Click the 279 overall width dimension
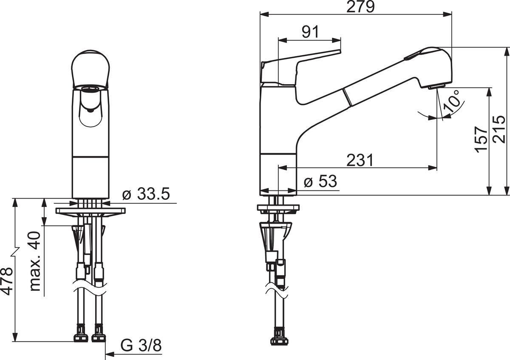point(360,7)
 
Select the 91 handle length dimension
point(310,32)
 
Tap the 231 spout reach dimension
point(360,160)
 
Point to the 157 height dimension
point(481,139)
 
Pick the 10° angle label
point(451,102)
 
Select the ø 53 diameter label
point(320,181)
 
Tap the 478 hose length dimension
point(7,282)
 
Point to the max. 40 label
point(35,261)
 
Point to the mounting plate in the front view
point(91,211)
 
